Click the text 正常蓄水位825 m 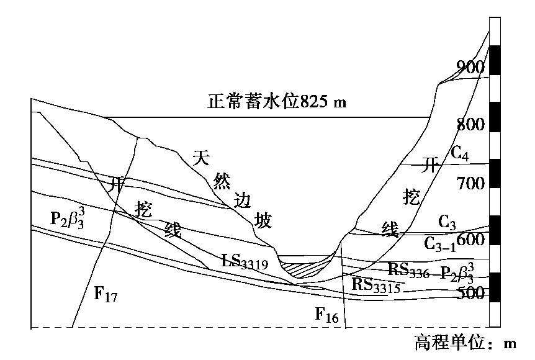point(276,102)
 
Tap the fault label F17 point(106,294)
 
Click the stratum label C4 point(460,152)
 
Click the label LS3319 point(245,261)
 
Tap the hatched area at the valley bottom point(303,269)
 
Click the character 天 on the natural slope point(199,158)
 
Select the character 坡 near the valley point(264,220)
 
